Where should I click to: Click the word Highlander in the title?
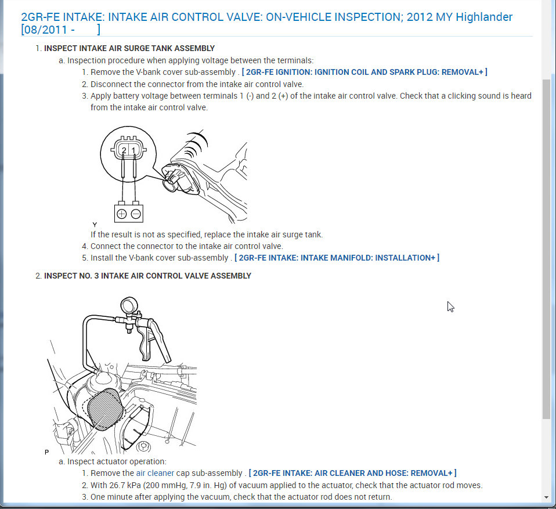484,17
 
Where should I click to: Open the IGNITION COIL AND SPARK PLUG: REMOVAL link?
364,72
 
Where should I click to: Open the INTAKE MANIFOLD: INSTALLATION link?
337,258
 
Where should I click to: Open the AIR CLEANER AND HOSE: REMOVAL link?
352,474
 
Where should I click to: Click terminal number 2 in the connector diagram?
124,151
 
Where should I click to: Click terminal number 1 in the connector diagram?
133,151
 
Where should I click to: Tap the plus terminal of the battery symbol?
122,214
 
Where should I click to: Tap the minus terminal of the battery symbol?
136,214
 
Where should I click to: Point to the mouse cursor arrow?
450,306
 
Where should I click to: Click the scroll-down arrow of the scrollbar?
546,498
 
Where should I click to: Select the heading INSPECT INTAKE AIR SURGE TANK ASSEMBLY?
129,48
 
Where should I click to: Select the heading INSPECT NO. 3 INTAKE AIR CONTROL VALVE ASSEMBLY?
147,276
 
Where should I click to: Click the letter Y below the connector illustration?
95,224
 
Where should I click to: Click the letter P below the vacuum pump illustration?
46,450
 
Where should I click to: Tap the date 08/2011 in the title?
46,29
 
